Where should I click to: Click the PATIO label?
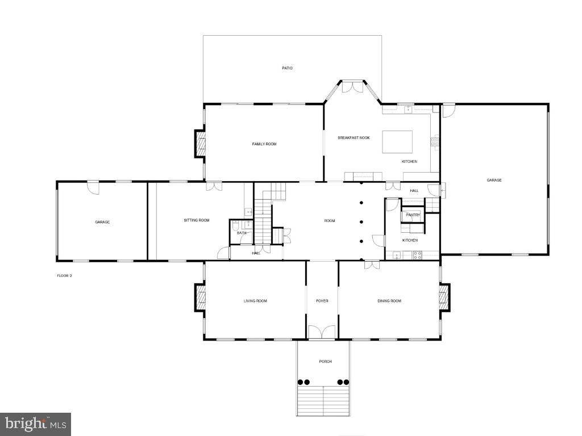pyautogui.click(x=287, y=68)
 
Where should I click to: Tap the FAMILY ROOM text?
pyautogui.click(x=264, y=144)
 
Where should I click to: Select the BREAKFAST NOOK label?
pyautogui.click(x=354, y=138)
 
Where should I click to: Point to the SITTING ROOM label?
pyautogui.click(x=197, y=220)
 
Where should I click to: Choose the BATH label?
pyautogui.click(x=242, y=233)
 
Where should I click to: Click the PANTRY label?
pyautogui.click(x=413, y=215)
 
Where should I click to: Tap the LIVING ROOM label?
pyautogui.click(x=255, y=301)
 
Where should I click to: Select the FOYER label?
pyautogui.click(x=322, y=301)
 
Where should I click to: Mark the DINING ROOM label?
pyautogui.click(x=389, y=301)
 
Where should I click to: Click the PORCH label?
pyautogui.click(x=325, y=362)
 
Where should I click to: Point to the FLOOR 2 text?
pyautogui.click(x=64, y=275)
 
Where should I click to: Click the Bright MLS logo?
pyautogui.click(x=35, y=424)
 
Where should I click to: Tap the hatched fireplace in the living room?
pyautogui.click(x=200, y=297)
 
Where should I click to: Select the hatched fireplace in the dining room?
pyautogui.click(x=444, y=297)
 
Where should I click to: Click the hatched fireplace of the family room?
pyautogui.click(x=200, y=143)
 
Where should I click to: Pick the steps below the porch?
pyautogui.click(x=323, y=400)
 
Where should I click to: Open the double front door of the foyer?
pyautogui.click(x=322, y=333)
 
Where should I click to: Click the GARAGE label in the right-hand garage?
pyautogui.click(x=494, y=180)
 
